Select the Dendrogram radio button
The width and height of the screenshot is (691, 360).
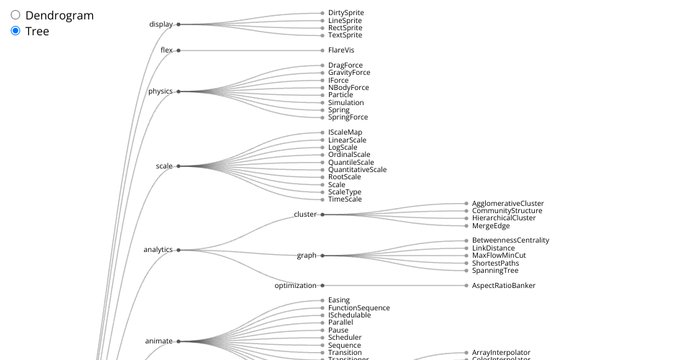coord(15,15)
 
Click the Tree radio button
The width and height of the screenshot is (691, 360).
coord(15,31)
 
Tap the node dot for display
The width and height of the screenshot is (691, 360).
coord(179,24)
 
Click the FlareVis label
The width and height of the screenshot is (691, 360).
coord(341,50)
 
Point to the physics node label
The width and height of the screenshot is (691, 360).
coord(161,91)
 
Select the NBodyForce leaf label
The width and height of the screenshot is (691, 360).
coord(348,88)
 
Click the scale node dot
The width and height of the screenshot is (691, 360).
coord(179,166)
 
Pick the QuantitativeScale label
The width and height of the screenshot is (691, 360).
coord(357,170)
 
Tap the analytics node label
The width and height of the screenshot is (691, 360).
coord(158,250)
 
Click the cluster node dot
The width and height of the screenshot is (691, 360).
coord(322,215)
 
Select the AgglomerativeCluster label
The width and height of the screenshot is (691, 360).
coord(507,204)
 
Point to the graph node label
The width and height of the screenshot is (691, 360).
coord(307,256)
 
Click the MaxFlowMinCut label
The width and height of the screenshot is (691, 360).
coord(499,256)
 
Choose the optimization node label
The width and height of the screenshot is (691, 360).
coord(296,286)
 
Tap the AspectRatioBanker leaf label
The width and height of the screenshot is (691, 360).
coord(503,286)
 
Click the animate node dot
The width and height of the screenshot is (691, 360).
coord(179,341)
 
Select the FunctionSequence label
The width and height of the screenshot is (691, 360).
coord(358,308)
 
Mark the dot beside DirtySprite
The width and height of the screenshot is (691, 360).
coord(322,13)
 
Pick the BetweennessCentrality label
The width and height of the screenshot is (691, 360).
coord(510,240)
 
